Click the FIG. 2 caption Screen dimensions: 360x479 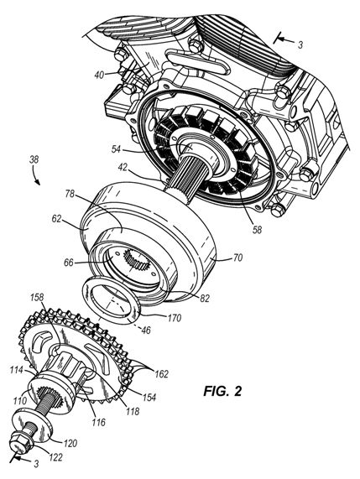222,391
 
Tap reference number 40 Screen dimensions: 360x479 99,75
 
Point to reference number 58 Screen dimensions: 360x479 257,229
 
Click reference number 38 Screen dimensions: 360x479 34,159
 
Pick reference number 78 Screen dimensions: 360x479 70,195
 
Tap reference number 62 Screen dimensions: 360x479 57,220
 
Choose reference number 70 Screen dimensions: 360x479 237,258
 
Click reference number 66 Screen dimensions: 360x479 70,263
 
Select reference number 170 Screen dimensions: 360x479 174,318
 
